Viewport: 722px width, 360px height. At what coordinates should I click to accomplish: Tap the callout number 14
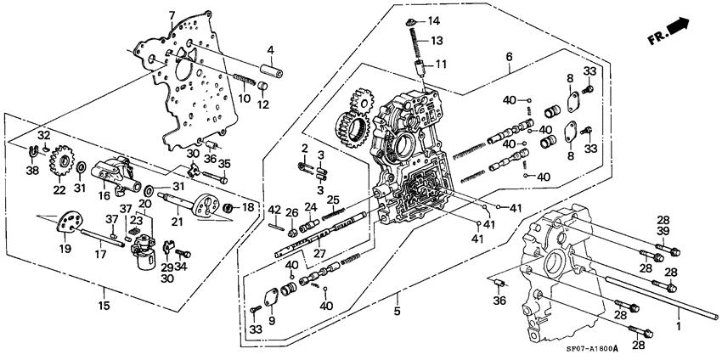pyautogui.click(x=434, y=20)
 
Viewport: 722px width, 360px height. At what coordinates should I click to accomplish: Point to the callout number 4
pyautogui.click(x=271, y=49)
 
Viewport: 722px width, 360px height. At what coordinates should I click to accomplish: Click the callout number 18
pyautogui.click(x=249, y=207)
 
